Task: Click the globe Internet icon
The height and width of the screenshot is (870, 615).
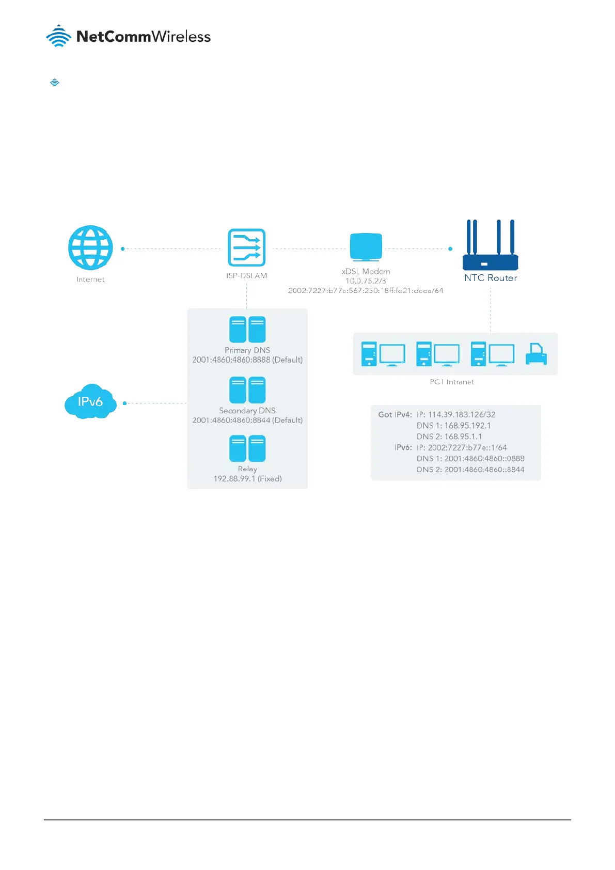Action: pyautogui.click(x=90, y=247)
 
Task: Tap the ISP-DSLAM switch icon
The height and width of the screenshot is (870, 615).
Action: pyautogui.click(x=246, y=247)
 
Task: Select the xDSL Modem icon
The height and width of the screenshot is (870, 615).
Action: pyautogui.click(x=366, y=247)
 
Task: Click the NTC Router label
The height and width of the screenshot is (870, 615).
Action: pyautogui.click(x=490, y=278)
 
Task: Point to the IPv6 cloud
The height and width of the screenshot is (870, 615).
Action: pyautogui.click(x=90, y=401)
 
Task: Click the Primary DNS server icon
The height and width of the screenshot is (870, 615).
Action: pyautogui.click(x=247, y=329)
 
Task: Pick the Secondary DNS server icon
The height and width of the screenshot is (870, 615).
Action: pyautogui.click(x=247, y=390)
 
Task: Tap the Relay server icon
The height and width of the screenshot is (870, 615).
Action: pyautogui.click(x=247, y=448)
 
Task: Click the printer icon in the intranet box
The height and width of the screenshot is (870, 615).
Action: pyautogui.click(x=536, y=354)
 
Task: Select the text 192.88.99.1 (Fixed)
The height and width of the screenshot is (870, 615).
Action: pyautogui.click(x=247, y=479)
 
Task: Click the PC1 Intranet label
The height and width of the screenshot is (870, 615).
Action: pyautogui.click(x=452, y=382)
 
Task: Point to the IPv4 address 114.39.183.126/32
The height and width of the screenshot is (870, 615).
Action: pyautogui.click(x=461, y=414)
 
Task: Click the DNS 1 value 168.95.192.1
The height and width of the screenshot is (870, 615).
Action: pyautogui.click(x=467, y=426)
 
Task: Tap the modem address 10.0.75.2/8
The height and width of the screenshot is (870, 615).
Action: pyautogui.click(x=366, y=281)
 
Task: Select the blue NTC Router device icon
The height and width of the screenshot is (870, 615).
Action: pyautogui.click(x=490, y=245)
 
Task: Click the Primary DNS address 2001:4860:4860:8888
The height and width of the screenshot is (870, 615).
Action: pyautogui.click(x=231, y=360)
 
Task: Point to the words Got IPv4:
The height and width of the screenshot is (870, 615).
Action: pyautogui.click(x=395, y=414)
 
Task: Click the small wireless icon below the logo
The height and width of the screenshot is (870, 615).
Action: pyautogui.click(x=55, y=82)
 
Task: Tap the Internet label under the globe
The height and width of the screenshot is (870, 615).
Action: pyautogui.click(x=90, y=279)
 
